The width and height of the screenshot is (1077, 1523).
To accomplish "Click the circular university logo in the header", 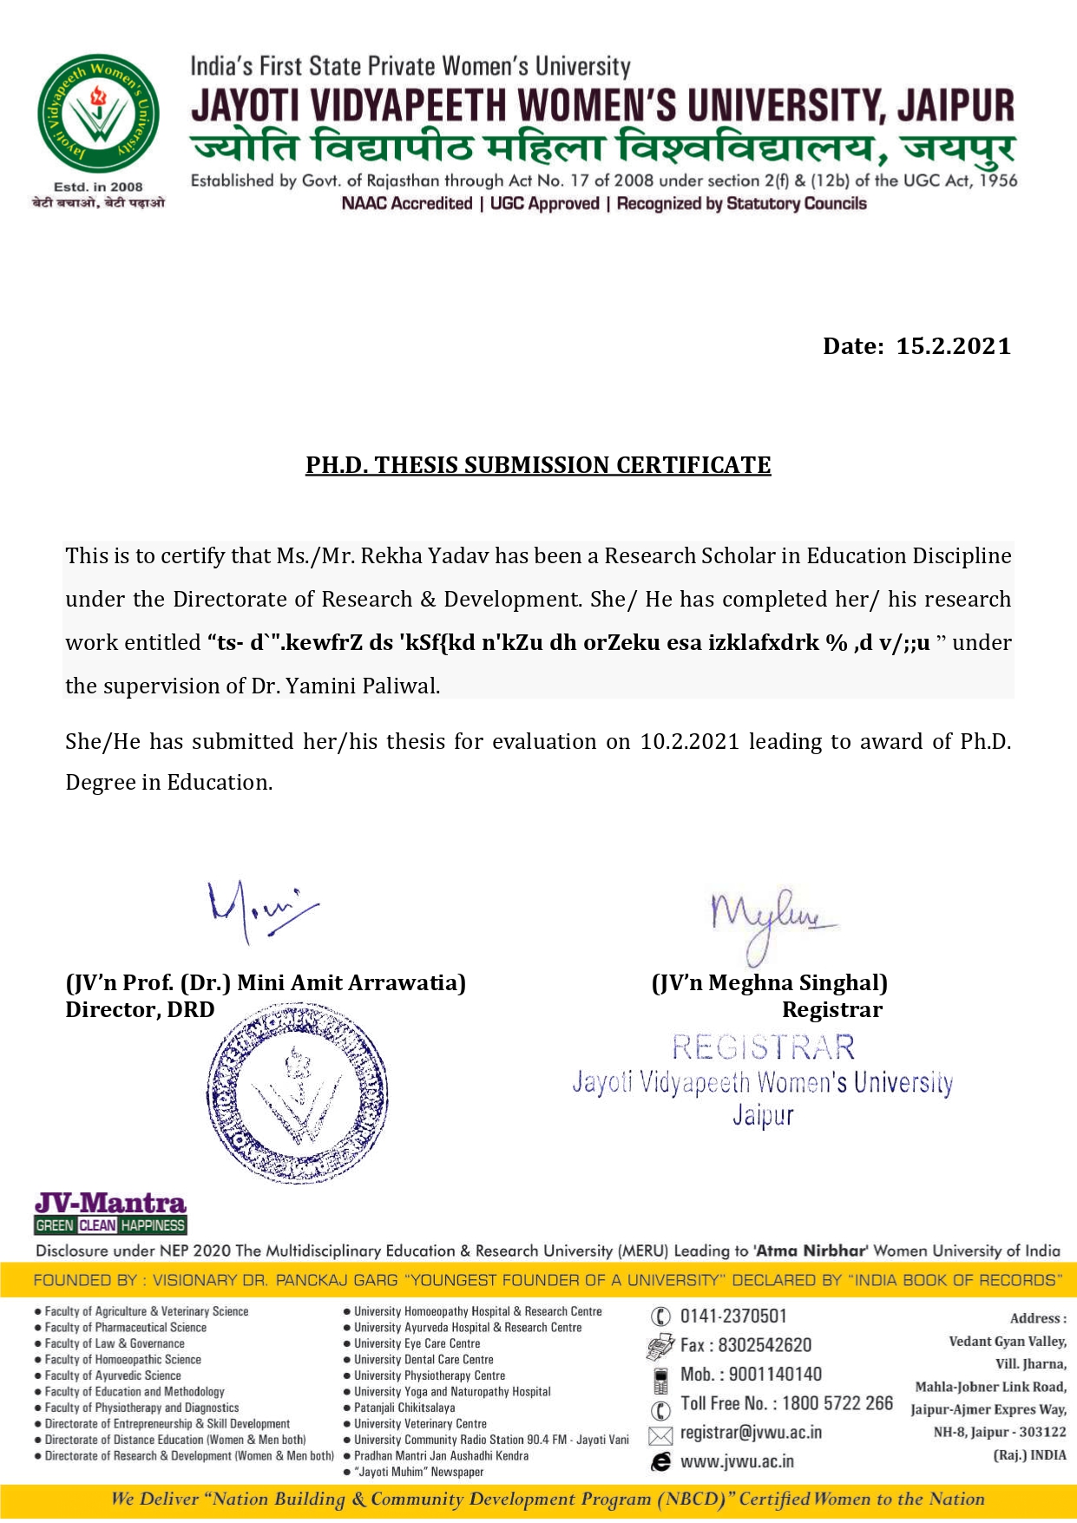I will tap(97, 113).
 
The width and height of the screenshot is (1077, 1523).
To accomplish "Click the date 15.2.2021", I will tap(953, 346).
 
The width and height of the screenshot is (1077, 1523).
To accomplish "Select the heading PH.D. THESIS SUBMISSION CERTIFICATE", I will tap(538, 465).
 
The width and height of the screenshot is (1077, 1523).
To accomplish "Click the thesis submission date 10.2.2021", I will tap(690, 741).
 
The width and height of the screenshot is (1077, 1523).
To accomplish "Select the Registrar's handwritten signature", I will tap(769, 920).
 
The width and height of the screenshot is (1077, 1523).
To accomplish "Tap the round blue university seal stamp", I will tap(298, 1093).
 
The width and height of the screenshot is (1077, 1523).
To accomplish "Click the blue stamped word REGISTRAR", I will tap(764, 1047).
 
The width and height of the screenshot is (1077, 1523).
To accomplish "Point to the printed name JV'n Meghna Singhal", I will tap(770, 982).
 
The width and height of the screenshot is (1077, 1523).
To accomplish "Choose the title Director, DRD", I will tap(140, 1009).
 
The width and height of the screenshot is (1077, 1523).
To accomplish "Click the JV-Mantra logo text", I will tap(110, 1203).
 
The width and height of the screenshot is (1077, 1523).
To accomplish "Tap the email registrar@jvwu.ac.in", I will tap(751, 1432).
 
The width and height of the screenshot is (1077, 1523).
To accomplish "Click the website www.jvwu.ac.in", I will tap(737, 1461).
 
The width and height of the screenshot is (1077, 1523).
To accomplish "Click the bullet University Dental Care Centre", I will tap(424, 1360).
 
